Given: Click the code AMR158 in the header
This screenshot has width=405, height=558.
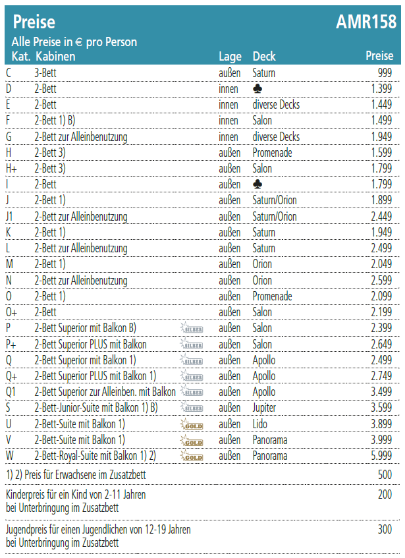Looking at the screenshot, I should [366, 22].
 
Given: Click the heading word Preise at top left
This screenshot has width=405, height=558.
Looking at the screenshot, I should [34, 23].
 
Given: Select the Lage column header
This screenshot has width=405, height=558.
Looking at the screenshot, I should [230, 57].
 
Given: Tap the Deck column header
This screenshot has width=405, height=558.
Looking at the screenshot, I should [264, 57].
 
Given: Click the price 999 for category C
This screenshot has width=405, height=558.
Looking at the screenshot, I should [385, 72].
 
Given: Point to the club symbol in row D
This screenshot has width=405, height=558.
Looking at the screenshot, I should [257, 88].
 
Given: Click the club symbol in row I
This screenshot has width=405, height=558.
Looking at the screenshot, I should [257, 184].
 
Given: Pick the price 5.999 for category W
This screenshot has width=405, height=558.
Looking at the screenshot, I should [381, 456].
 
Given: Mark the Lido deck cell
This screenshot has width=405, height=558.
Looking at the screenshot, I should [261, 424].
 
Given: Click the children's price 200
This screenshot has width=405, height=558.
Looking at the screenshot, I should [385, 495].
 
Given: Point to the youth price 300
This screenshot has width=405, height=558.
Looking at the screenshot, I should [385, 529].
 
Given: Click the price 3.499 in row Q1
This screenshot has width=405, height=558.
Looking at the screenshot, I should [381, 392].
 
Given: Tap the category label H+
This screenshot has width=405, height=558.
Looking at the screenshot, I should [13, 169].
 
